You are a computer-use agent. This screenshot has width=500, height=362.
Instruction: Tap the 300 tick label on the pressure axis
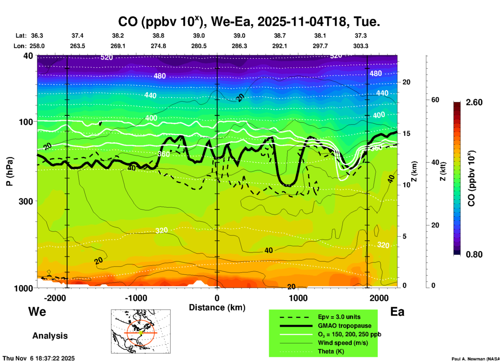pos(26,201)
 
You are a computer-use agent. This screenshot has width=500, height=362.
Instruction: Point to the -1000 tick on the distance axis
pos(136,298)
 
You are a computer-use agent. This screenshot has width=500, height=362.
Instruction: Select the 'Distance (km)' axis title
pos(217,307)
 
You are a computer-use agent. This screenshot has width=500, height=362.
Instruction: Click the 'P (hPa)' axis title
pos(10,171)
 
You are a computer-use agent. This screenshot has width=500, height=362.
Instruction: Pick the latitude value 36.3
pos(37,36)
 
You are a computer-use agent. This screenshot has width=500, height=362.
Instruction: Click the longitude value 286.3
pos(239,46)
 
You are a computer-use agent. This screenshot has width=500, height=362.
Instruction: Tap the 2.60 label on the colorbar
pos(474,102)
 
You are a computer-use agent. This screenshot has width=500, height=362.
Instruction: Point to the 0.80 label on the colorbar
pos(474,254)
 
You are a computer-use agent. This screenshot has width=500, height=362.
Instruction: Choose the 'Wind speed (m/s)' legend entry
pos(343,343)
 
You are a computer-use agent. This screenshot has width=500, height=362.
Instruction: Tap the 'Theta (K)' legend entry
pos(331,351)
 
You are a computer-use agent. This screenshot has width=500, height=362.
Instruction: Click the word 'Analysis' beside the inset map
pos(50,336)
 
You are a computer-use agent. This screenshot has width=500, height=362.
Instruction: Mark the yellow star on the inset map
pos(141,333)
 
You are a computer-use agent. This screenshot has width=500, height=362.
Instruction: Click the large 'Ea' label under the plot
pos(397,312)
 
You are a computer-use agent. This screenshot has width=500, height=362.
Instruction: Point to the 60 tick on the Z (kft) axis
pos(435,100)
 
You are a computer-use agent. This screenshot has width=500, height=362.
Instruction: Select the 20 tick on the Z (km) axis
pos(406,82)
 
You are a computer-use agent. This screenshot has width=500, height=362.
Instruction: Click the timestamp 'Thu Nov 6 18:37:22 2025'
pos(39,358)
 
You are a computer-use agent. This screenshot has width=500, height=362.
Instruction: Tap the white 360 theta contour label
pos(164,154)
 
